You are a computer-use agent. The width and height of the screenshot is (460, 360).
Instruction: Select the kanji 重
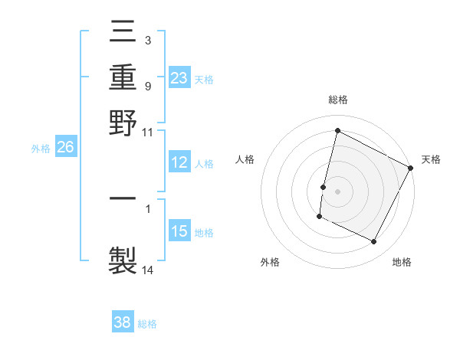coord(123,77)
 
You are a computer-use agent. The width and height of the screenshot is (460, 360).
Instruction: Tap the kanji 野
coord(123,122)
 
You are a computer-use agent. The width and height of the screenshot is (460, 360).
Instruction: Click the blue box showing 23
coord(179,78)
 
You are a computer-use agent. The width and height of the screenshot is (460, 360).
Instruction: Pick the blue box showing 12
coord(179,162)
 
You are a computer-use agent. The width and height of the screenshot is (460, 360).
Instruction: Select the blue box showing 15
coord(179,231)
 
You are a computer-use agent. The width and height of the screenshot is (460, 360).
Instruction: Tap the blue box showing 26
coord(65,148)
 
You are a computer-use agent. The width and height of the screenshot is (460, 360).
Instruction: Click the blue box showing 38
coord(123,323)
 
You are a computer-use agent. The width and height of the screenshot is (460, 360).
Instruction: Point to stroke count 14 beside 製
coord(148,270)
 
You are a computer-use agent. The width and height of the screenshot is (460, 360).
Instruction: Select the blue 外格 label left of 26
coord(40,149)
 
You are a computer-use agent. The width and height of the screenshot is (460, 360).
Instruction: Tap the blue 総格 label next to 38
coord(147,324)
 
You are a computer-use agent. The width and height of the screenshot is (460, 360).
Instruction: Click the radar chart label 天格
coord(431,159)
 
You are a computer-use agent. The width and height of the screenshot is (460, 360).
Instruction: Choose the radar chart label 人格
coord(245,159)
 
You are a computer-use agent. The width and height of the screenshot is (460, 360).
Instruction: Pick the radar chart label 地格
coord(402,263)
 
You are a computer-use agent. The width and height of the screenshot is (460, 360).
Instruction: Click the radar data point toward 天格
coord(411,168)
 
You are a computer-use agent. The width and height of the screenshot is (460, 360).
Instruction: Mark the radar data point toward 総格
coord(337,131)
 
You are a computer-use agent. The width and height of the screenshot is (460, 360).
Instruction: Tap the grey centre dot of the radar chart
coord(337,191)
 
